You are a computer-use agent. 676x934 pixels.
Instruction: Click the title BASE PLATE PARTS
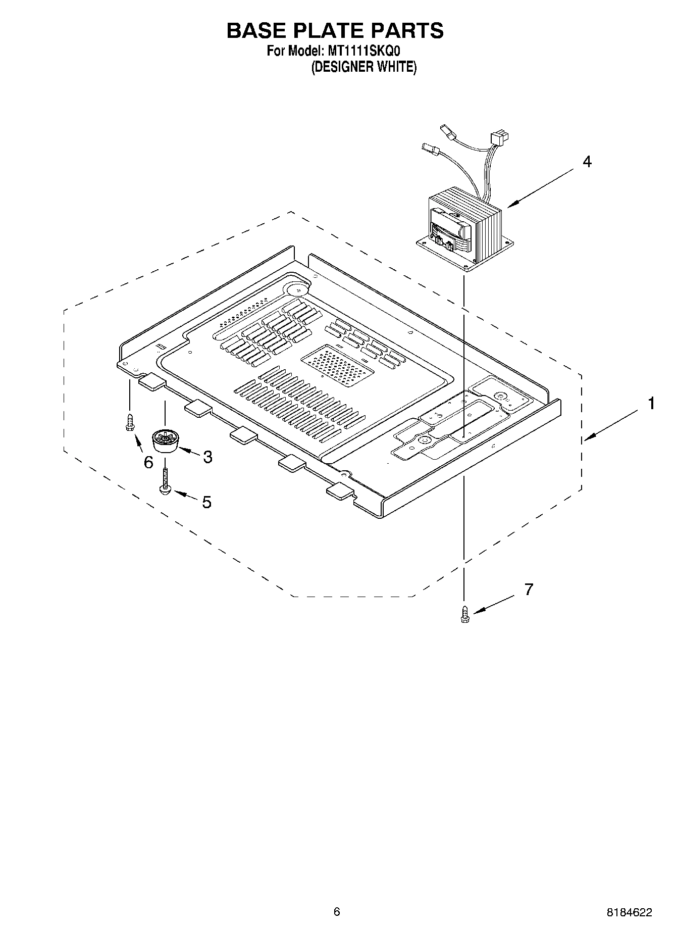(x=335, y=31)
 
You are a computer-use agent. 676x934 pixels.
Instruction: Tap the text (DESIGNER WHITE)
(x=363, y=67)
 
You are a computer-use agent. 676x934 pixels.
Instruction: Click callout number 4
(x=587, y=162)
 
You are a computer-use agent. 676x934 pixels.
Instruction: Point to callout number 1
(x=651, y=404)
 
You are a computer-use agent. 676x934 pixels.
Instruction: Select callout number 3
(x=207, y=457)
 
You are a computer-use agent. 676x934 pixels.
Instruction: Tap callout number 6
(x=148, y=462)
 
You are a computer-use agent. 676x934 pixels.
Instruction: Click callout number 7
(x=528, y=589)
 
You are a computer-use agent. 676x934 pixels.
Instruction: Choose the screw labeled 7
(x=465, y=614)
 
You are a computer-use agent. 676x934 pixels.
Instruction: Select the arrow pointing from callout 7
(x=493, y=604)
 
